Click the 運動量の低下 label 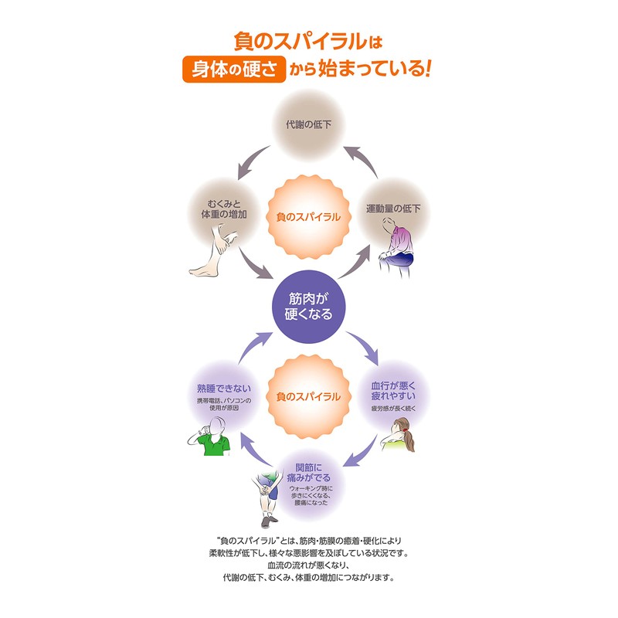point(392,208)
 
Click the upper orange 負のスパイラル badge point(307,217)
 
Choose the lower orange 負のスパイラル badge point(307,396)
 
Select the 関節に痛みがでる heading point(309,474)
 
